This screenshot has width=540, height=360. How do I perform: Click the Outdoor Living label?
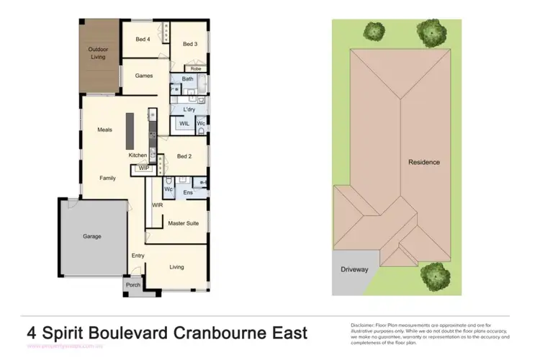click(98, 53)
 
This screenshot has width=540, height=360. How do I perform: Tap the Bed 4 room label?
click(143, 39)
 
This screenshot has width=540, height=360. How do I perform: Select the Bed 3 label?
click(189, 45)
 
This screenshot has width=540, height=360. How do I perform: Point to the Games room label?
click(144, 75)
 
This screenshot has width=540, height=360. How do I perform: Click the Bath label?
click(188, 79)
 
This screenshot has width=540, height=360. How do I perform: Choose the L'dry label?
click(189, 109)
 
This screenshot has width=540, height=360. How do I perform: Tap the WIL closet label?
click(184, 124)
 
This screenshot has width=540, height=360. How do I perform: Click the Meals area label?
click(105, 130)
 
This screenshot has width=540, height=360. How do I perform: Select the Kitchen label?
click(138, 156)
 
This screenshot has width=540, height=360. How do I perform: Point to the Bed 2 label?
click(184, 156)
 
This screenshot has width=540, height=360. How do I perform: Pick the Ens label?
click(188, 192)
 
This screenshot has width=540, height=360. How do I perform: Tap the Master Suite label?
click(183, 223)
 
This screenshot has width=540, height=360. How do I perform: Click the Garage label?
click(91, 236)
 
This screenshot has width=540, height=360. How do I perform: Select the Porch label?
click(133, 284)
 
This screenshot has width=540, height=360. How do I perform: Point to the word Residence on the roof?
click(424, 162)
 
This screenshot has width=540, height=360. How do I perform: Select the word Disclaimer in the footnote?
click(364, 325)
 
